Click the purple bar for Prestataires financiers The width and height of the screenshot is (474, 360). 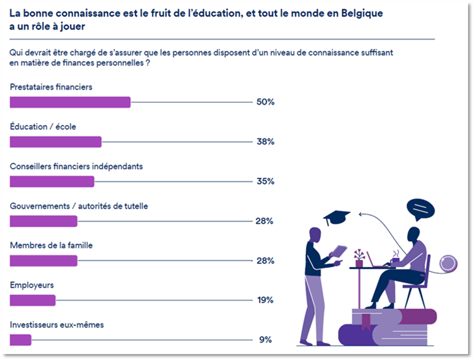tap(70, 102)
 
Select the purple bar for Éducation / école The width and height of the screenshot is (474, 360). tap(55, 142)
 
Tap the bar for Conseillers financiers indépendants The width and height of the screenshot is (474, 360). tap(52, 181)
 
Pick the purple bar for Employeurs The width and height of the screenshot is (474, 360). tap(33, 300)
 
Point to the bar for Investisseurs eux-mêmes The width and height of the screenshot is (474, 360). tap(20, 340)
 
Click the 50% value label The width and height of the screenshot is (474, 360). tap(265, 102)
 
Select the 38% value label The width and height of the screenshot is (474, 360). tap(265, 142)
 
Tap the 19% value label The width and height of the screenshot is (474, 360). tap(265, 300)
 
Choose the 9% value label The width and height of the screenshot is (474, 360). tap(266, 340)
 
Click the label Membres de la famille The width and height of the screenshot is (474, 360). tap(51, 246)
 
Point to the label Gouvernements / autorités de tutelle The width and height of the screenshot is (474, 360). tap(79, 206)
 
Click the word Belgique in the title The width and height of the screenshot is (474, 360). tap(361, 13)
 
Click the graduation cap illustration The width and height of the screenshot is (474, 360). tap(336, 217)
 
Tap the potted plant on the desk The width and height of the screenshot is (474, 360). tap(359, 258)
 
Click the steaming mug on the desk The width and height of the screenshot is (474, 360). tap(395, 260)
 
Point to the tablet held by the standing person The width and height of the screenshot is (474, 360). tap(339, 252)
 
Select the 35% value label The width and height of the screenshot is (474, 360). tap(265, 181)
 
